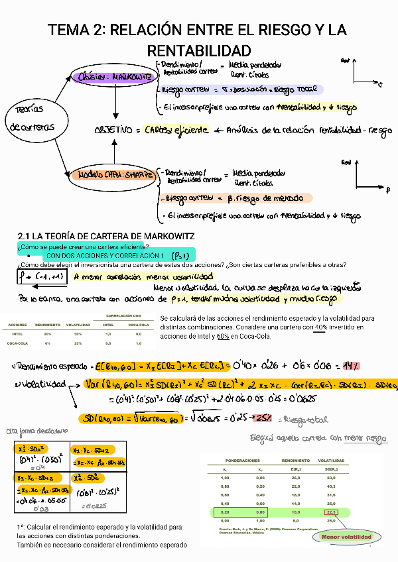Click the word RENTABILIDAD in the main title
coord(198,51)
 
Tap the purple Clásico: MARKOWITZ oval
coord(115,77)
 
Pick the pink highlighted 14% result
coord(351,366)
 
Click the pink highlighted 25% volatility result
coord(263,418)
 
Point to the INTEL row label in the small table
coord(18,335)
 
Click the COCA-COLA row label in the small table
coord(18,344)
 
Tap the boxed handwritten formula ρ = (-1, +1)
coord(41,276)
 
